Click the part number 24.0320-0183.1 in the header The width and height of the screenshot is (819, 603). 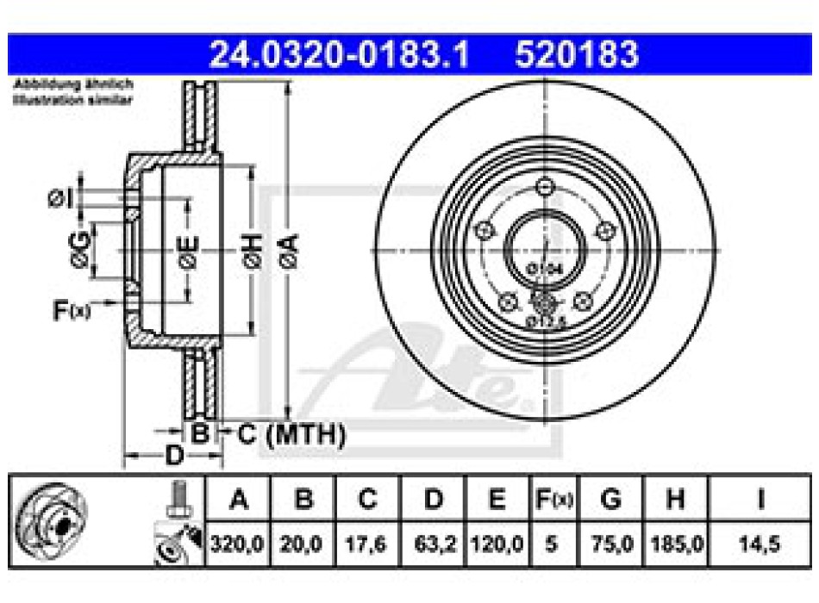(x=340, y=55)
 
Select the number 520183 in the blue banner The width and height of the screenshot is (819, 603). (x=577, y=55)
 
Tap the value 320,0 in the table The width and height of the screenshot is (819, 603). (x=238, y=544)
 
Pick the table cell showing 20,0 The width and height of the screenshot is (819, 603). (x=302, y=544)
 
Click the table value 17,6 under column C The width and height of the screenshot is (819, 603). (x=367, y=544)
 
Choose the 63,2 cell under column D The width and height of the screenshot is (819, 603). (x=434, y=544)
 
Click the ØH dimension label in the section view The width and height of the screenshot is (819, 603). (x=253, y=252)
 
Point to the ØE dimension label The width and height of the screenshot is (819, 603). (x=189, y=251)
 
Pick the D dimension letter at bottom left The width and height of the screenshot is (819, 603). (x=173, y=454)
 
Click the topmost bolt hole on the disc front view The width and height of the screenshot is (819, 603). (x=544, y=186)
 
